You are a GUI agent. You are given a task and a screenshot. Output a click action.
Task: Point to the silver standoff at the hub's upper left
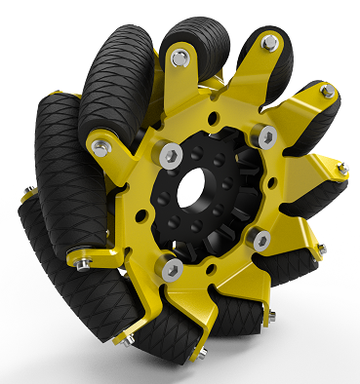tap(172, 153)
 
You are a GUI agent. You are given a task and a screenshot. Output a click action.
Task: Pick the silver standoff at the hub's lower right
tap(260, 238)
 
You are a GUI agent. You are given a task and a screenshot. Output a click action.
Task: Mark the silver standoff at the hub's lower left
tap(172, 267)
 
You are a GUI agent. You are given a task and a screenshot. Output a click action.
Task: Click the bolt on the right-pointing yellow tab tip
tap(341, 170)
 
